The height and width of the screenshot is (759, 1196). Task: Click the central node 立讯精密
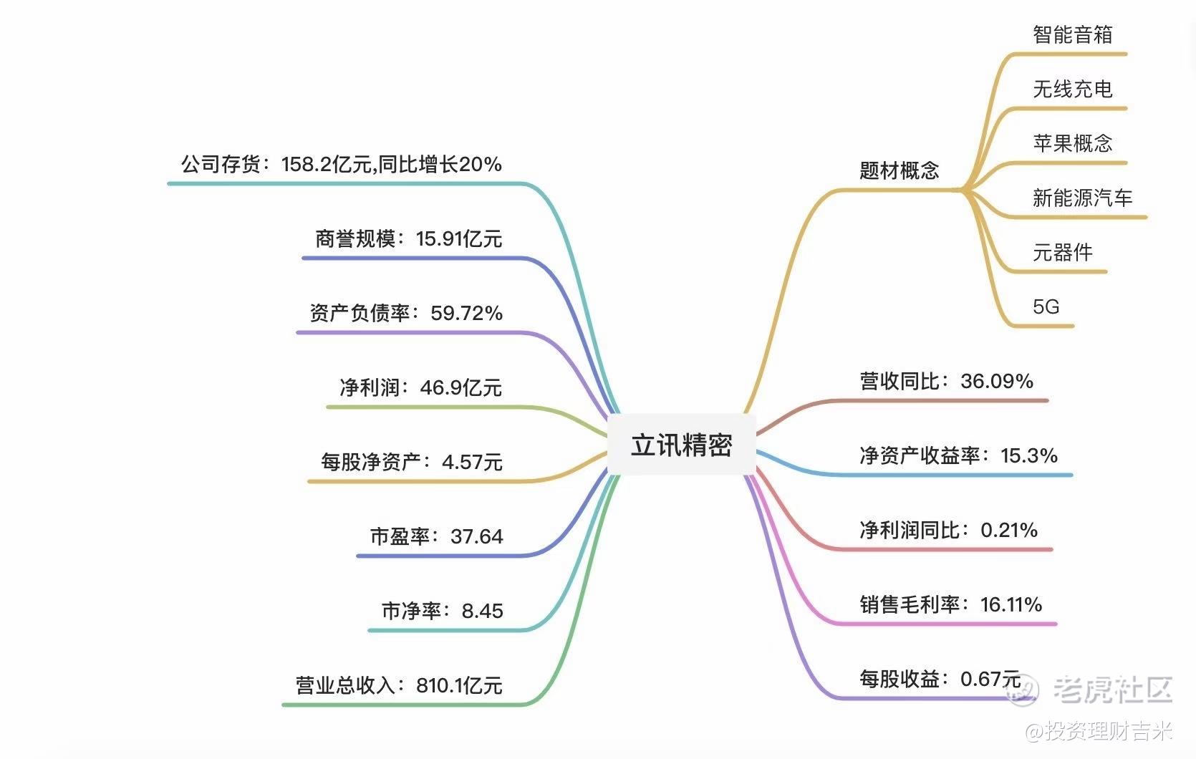tap(681, 445)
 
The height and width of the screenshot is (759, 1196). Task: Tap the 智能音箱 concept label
tap(1073, 34)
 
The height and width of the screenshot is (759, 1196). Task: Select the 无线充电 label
tap(1073, 89)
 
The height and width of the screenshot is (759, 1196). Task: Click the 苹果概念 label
tap(1073, 143)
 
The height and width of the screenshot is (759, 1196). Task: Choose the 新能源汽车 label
tap(1082, 198)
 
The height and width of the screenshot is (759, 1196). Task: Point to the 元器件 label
tap(1063, 252)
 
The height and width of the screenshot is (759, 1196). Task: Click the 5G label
tap(1046, 307)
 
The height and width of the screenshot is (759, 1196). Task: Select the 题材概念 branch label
tap(899, 170)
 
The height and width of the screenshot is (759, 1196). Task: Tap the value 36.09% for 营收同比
tap(997, 381)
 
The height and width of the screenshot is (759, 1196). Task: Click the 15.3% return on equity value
tap(1029, 455)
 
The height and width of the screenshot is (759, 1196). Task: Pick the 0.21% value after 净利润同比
tap(1009, 530)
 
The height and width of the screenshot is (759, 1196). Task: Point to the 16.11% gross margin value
tap(1011, 604)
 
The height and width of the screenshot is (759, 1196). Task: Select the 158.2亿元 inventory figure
tap(327, 165)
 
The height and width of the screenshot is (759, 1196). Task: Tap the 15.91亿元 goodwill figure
tap(459, 238)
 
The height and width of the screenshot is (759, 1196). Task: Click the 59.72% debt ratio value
tap(467, 313)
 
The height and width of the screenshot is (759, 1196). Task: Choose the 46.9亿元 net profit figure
tap(460, 387)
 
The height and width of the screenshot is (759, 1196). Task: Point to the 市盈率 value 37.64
tap(477, 536)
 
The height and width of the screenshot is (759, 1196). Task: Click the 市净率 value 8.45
tap(482, 611)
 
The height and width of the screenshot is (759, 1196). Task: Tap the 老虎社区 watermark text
tap(1112, 689)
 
